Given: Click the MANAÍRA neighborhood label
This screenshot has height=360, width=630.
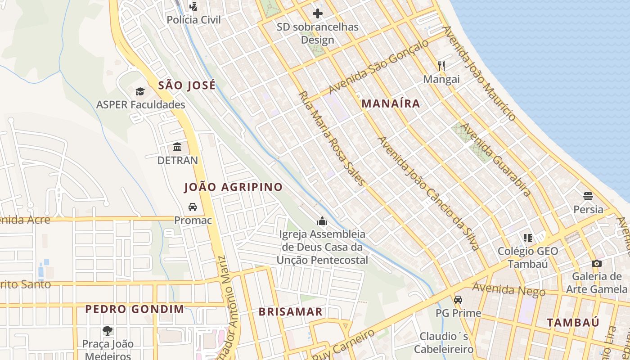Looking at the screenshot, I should [391, 103].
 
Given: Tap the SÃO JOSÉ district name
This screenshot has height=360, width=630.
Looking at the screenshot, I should [187, 85].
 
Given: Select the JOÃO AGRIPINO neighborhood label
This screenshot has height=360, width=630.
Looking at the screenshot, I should [234, 187].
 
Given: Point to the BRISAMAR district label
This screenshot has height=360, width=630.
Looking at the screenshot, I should [290, 311].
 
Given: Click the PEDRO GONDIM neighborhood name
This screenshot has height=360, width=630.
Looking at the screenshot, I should [135, 309].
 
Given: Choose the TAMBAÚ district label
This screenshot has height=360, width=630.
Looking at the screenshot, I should [573, 322].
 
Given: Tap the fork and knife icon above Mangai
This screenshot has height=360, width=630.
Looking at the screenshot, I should [441, 66].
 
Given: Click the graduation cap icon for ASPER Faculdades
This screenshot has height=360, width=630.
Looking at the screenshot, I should [140, 92].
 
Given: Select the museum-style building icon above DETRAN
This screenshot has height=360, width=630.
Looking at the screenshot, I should [177, 147].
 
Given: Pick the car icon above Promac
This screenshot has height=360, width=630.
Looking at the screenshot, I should [193, 207].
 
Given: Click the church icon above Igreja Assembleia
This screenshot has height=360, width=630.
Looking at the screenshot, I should [322, 221].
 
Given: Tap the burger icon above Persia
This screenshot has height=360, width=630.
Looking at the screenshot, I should [588, 196].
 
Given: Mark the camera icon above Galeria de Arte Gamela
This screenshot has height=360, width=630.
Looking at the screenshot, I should [596, 263].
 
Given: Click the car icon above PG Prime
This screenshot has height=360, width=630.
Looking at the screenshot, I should [458, 300].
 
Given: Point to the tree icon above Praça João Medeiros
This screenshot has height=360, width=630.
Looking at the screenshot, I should [108, 331].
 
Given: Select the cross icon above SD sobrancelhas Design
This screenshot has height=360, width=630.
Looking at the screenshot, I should [318, 13].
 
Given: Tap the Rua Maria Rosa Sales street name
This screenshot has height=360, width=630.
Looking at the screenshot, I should [332, 139].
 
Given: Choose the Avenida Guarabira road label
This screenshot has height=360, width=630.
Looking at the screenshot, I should [496, 160].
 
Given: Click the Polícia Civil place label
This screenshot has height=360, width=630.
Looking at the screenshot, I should [194, 20].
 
